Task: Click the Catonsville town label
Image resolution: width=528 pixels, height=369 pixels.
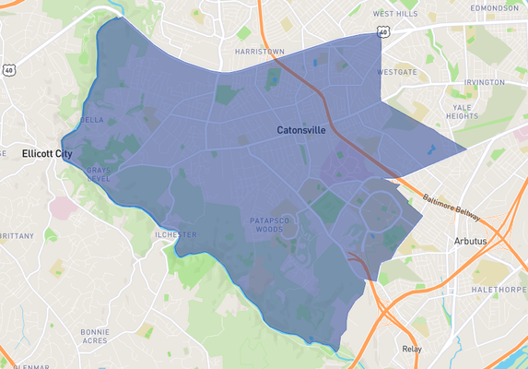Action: click(x=301, y=131)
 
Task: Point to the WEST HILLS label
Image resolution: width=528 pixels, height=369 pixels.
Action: click(x=395, y=14)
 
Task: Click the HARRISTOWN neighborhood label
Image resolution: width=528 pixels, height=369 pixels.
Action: click(x=259, y=52)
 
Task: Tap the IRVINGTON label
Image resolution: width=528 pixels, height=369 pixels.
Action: click(x=484, y=82)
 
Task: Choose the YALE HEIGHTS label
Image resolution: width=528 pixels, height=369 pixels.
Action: click(x=463, y=111)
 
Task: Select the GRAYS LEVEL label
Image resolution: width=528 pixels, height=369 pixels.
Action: click(x=98, y=173)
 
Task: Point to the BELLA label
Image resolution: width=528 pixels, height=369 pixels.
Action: click(x=92, y=120)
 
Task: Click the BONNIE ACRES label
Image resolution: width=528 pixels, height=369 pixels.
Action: click(x=95, y=335)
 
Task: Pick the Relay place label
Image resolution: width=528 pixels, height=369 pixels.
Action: click(x=412, y=349)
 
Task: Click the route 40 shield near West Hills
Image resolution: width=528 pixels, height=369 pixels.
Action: click(x=381, y=32)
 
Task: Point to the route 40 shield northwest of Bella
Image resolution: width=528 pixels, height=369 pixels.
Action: click(x=8, y=70)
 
